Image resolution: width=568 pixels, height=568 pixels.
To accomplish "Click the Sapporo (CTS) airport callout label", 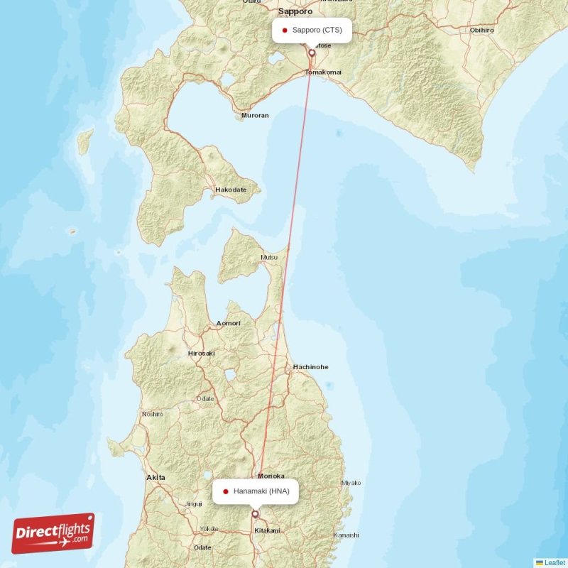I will pyautogui.click(x=312, y=30).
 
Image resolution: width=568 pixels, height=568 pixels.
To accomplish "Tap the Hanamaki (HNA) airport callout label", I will pyautogui.click(x=256, y=491).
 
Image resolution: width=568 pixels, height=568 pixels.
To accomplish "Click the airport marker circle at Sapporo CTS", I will pyautogui.click(x=311, y=53).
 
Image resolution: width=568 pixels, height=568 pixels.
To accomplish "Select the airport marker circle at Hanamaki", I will pyautogui.click(x=255, y=513).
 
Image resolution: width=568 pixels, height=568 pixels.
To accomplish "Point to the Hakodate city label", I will pyautogui.click(x=231, y=190).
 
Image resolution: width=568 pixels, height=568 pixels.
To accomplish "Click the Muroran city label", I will pyautogui.click(x=256, y=115).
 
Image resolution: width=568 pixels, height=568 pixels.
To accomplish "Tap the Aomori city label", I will pyautogui.click(x=229, y=323).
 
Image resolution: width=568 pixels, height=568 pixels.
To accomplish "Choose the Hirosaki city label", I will pyautogui.click(x=201, y=353).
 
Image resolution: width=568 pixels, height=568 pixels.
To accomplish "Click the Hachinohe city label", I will pyautogui.click(x=310, y=367).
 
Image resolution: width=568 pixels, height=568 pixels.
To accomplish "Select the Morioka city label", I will pyautogui.click(x=271, y=476).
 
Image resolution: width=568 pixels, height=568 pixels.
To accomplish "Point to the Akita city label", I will pyautogui.click(x=155, y=478).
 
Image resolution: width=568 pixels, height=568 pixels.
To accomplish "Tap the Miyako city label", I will pyautogui.click(x=351, y=483).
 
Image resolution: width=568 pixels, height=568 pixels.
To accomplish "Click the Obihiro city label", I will pyautogui.click(x=481, y=31).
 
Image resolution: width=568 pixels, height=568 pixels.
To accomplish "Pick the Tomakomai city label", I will pyautogui.click(x=323, y=72).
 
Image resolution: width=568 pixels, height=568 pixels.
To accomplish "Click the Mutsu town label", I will pyautogui.click(x=269, y=257).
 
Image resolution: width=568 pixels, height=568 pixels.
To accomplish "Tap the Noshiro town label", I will pyautogui.click(x=153, y=414).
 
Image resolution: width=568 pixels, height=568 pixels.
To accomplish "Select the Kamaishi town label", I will pyautogui.click(x=346, y=535).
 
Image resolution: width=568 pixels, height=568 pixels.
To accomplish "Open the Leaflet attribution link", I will pyautogui.click(x=555, y=562).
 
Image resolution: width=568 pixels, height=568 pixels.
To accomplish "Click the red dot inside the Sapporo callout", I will pyautogui.click(x=284, y=30).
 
